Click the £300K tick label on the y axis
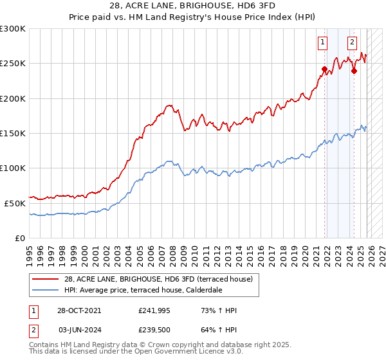tap(13, 29)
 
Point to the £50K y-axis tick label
tap(15, 203)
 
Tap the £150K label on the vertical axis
tap(13, 133)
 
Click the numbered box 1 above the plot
tap(322, 43)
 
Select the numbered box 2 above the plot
tap(353, 43)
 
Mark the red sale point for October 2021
tap(325, 69)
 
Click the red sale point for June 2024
tap(354, 71)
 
